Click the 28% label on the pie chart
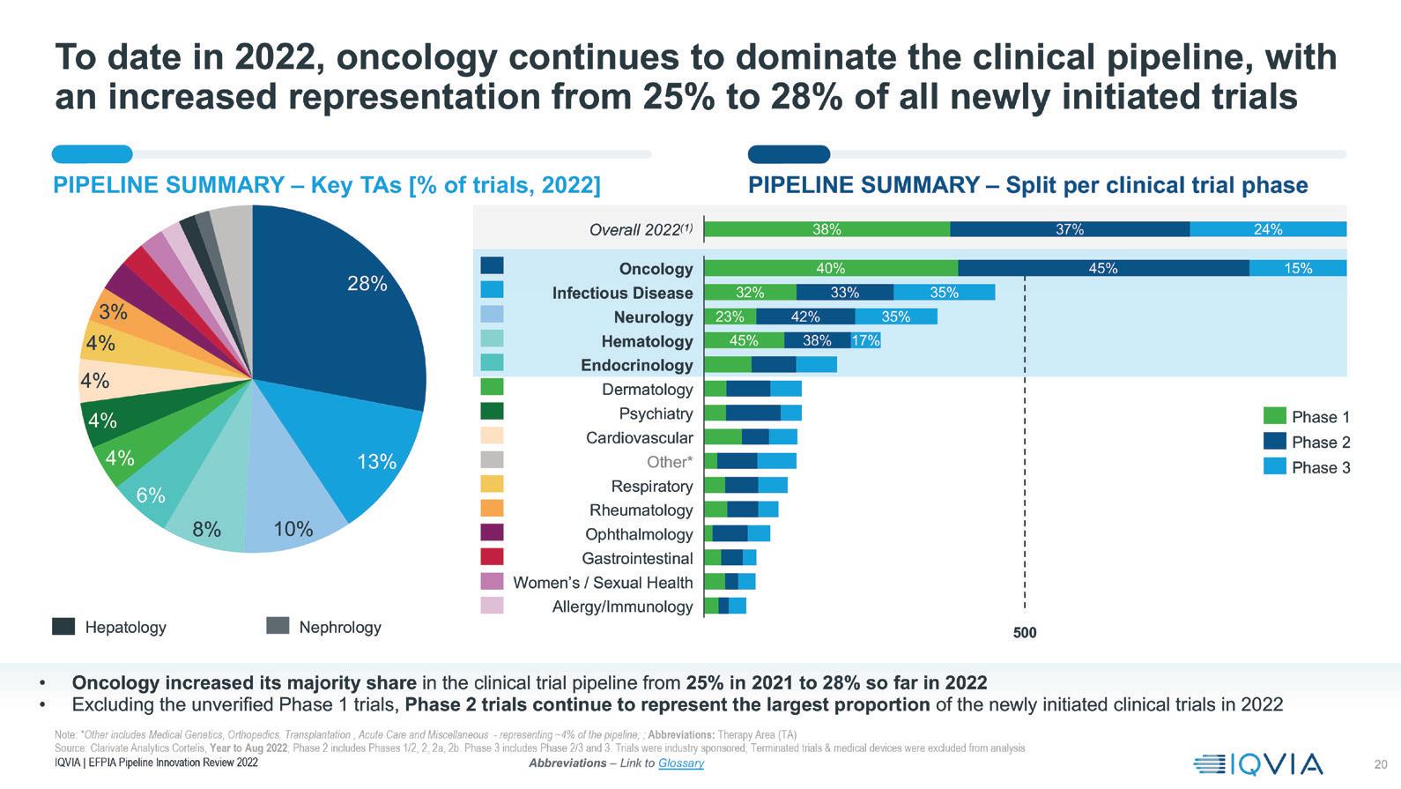[x=367, y=284]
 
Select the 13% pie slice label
[x=376, y=462]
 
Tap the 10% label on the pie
[x=293, y=529]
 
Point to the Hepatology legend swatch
[x=63, y=627]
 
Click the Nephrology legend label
[x=339, y=628]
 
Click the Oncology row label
[x=656, y=269]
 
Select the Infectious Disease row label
[x=622, y=293]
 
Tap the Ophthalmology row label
[x=639, y=534]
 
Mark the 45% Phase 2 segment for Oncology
[x=1103, y=268]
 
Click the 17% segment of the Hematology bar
[x=865, y=341]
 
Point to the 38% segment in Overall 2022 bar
[x=827, y=229]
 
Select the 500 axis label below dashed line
[x=1025, y=633]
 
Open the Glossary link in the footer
[x=680, y=763]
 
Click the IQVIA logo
[x=1258, y=764]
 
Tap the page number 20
[x=1380, y=764]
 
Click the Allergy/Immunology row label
[x=622, y=607]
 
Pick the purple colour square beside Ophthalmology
[x=492, y=532]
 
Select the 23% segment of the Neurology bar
[x=730, y=317]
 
